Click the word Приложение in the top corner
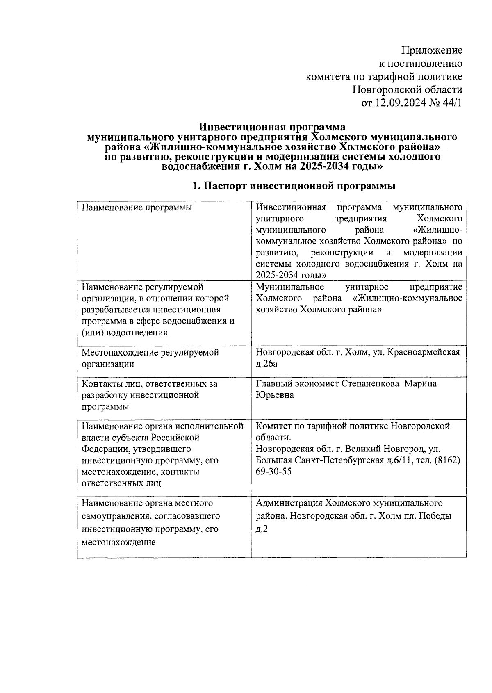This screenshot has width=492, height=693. [432, 50]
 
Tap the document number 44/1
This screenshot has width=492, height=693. [451, 103]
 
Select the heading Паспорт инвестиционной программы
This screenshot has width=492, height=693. [300, 186]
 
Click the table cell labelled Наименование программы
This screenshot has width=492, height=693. [137, 207]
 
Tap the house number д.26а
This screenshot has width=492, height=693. [266, 364]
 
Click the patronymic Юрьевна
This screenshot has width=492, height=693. [275, 395]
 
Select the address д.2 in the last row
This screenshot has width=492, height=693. [262, 529]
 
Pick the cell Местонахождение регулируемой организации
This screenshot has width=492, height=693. [150, 358]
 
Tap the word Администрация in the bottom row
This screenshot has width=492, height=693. [289, 503]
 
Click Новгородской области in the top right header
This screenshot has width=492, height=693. [408, 89]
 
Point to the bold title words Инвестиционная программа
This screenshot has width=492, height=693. [272, 127]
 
